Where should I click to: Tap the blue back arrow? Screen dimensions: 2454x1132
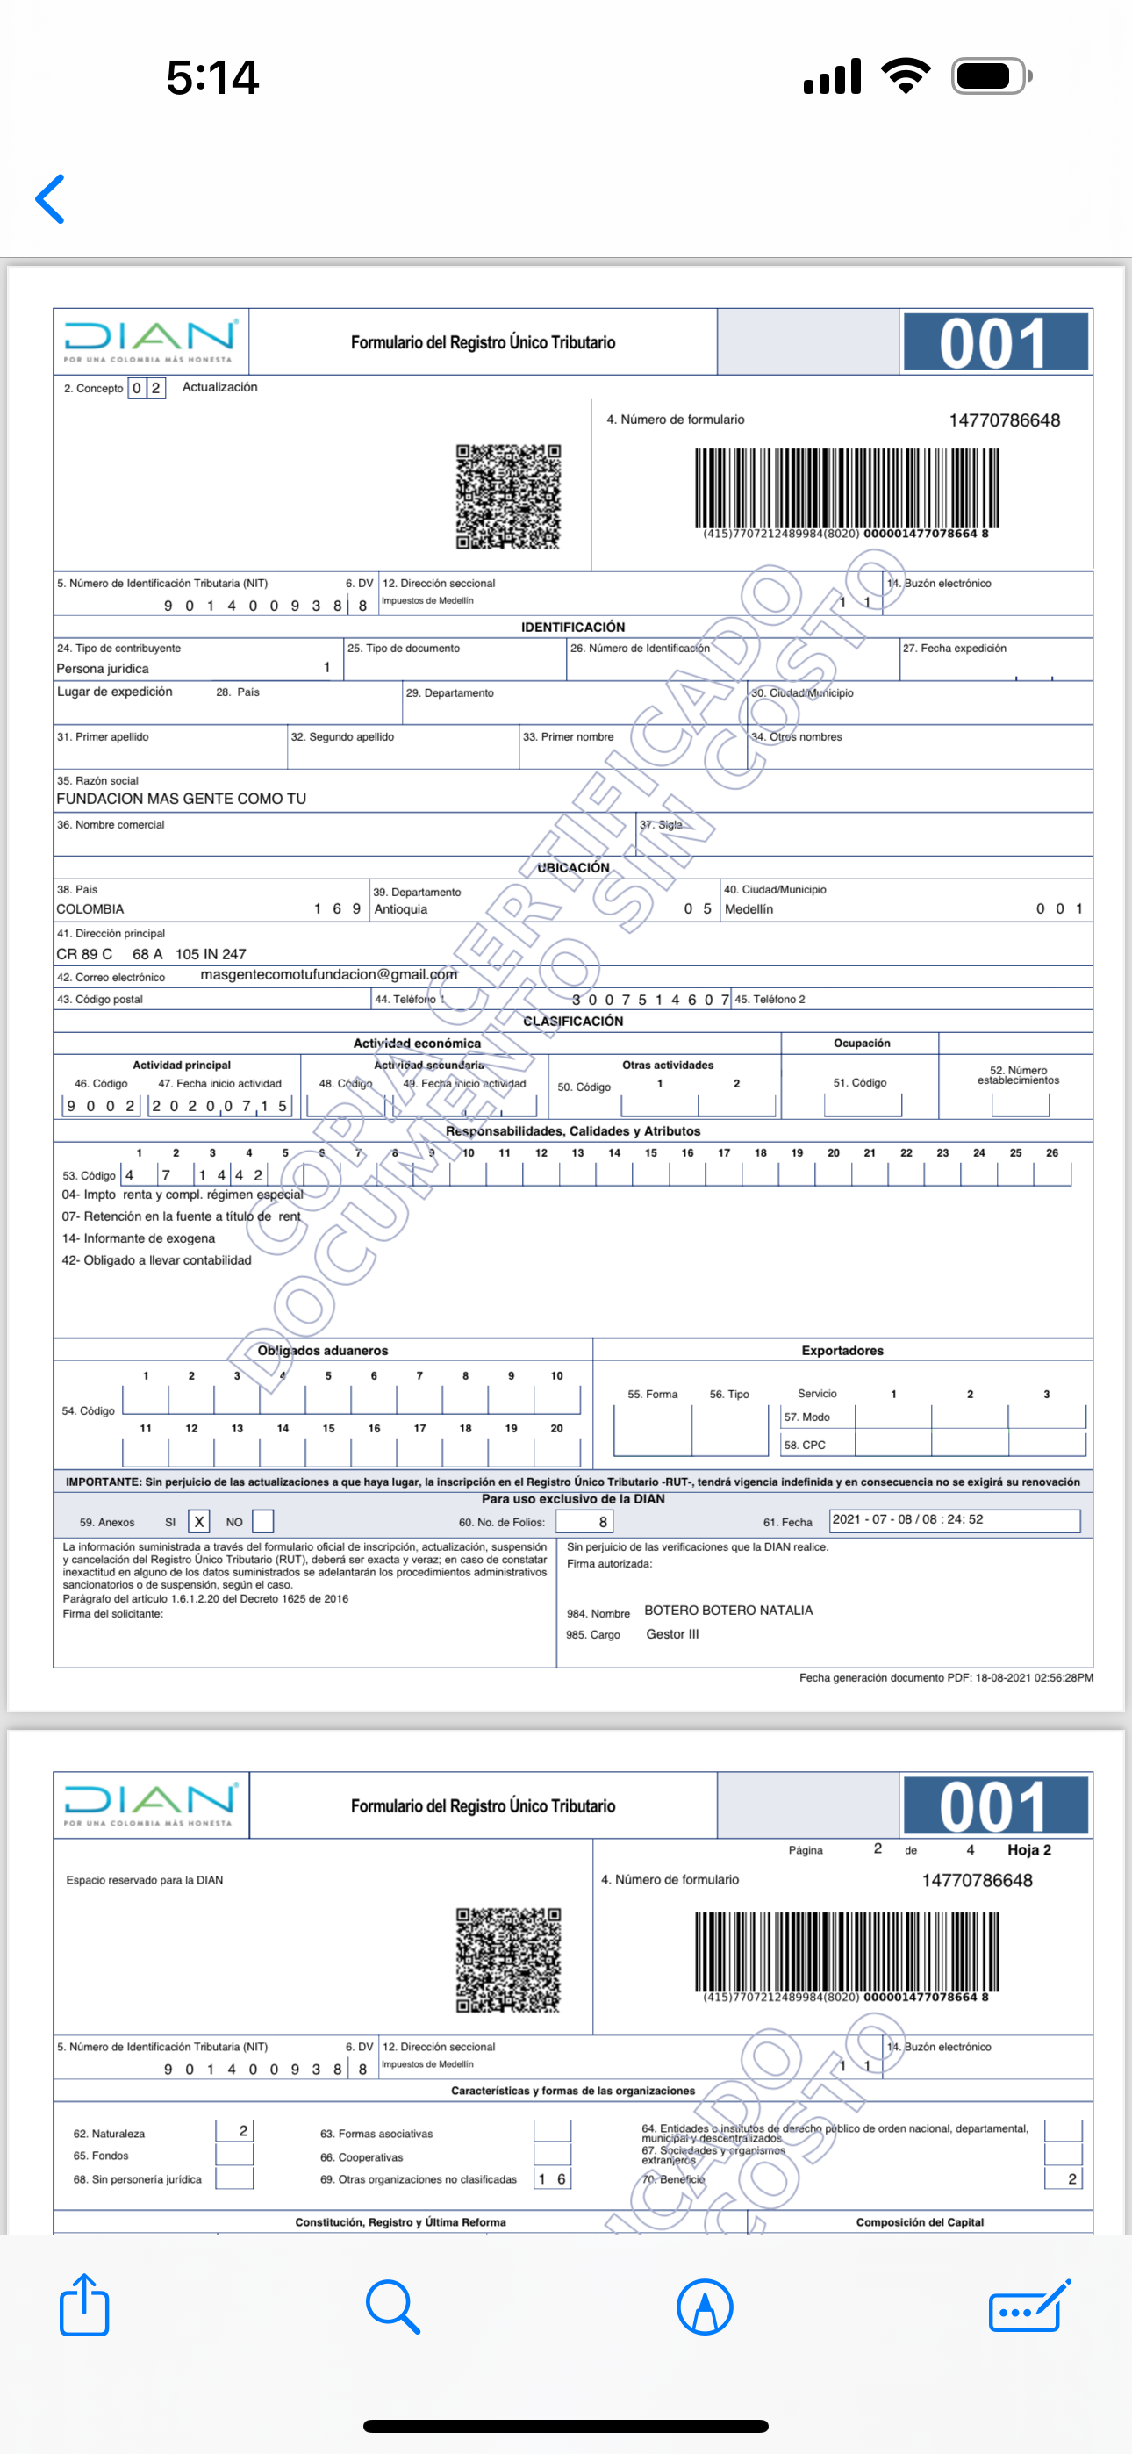tap(51, 199)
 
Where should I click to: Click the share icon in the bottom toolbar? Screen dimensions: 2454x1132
tap(84, 2306)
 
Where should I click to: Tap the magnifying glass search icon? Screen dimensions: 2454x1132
tap(391, 2306)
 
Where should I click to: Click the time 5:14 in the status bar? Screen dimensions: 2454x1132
tap(212, 77)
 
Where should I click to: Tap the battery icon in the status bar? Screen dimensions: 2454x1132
tap(990, 76)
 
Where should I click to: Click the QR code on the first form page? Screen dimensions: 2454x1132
tap(508, 496)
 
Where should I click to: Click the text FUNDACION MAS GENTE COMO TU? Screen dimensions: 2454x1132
tap(181, 799)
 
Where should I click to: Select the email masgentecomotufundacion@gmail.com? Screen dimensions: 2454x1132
tap(329, 974)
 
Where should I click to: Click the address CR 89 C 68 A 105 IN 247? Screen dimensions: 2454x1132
tap(151, 953)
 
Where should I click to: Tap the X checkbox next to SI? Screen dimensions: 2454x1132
tap(199, 1521)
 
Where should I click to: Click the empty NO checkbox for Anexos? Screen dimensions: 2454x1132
tap(263, 1521)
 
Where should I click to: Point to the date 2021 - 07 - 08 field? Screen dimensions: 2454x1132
tap(954, 1519)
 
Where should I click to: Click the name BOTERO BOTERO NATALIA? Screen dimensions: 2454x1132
tap(728, 1610)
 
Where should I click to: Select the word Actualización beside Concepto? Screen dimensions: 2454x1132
tap(219, 387)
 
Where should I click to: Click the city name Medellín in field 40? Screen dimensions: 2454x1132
tap(749, 908)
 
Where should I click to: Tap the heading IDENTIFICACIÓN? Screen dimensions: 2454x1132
tap(573, 627)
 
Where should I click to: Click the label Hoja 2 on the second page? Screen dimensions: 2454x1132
tap(1029, 1849)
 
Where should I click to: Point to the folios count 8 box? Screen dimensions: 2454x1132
tap(584, 1521)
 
